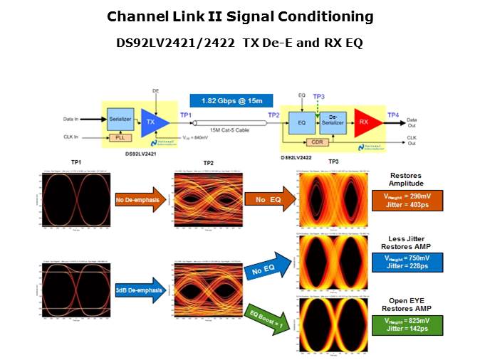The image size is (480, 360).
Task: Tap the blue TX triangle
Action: (x=152, y=123)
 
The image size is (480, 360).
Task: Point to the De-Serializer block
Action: (x=333, y=122)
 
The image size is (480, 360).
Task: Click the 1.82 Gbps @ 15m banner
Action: (x=221, y=102)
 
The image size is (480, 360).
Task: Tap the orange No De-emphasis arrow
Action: (x=140, y=200)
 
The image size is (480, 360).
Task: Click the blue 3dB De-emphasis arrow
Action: (x=140, y=290)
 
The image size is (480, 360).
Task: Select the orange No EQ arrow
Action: (x=268, y=201)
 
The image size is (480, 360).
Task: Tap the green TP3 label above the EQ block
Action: (x=319, y=97)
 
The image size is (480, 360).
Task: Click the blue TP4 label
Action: (x=393, y=115)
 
